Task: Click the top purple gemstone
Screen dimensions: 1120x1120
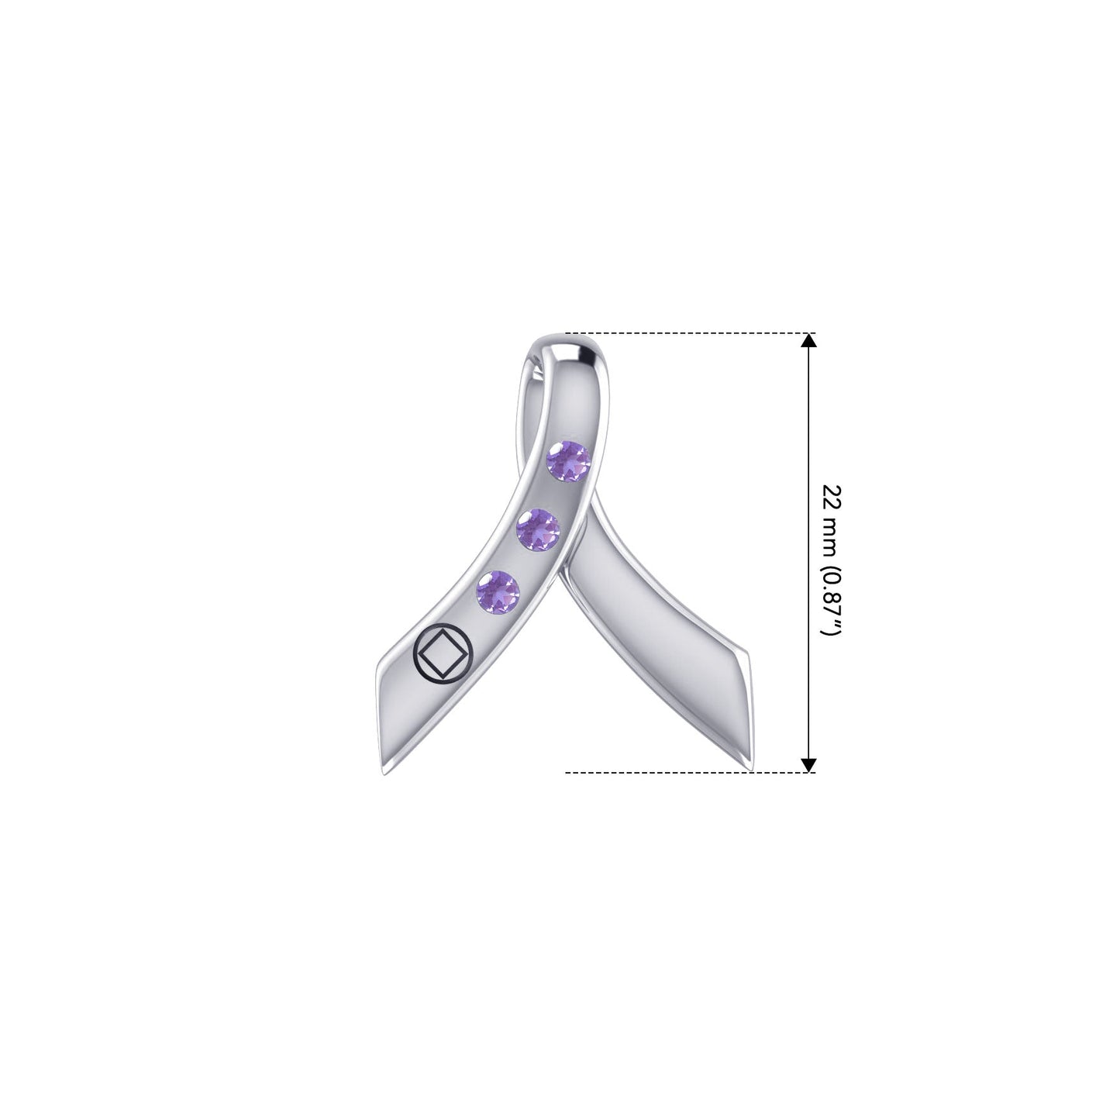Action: pos(568,461)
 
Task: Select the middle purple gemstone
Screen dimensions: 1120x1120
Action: pos(538,529)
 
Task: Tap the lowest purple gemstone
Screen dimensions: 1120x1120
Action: pos(498,592)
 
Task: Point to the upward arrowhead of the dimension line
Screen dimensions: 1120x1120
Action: pos(808,340)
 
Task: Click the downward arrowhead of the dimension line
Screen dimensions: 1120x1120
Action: pos(808,765)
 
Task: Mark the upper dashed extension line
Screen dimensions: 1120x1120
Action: pos(691,333)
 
